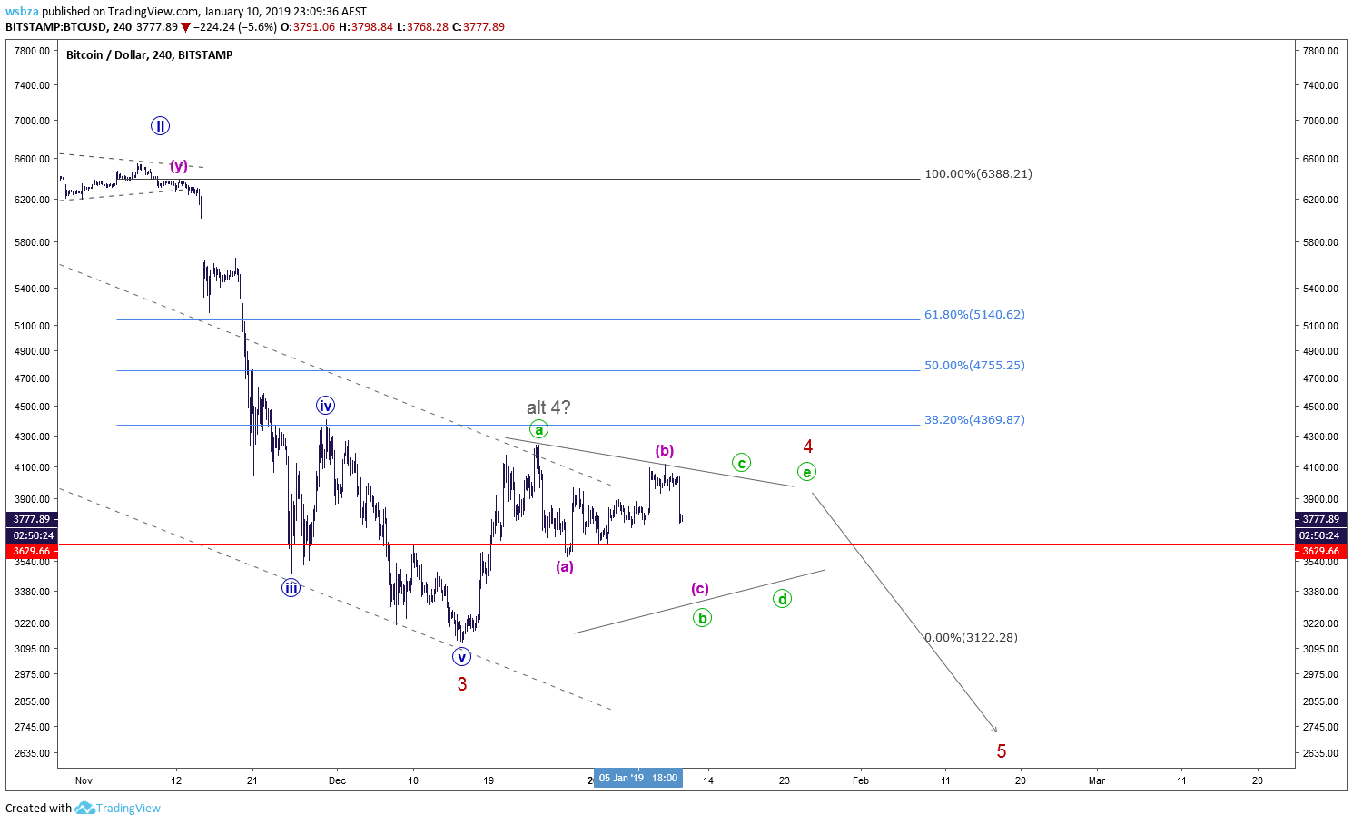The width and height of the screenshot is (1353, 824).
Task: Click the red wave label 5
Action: tap(1001, 751)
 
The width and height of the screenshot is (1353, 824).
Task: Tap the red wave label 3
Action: tap(462, 684)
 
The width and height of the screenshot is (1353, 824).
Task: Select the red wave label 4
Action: tap(807, 446)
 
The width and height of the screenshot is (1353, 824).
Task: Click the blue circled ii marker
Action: tap(160, 125)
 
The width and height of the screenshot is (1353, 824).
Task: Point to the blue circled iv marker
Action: tap(326, 405)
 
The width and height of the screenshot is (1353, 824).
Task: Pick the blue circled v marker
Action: tap(461, 657)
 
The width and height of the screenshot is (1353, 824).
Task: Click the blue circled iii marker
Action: tap(291, 587)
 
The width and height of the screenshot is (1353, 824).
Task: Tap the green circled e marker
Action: tap(806, 472)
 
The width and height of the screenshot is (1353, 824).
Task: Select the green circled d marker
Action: tap(782, 599)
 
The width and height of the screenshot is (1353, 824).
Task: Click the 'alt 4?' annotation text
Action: tap(548, 407)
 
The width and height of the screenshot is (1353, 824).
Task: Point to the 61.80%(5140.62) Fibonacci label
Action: tap(974, 314)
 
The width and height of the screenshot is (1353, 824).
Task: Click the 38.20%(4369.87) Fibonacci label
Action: tap(974, 419)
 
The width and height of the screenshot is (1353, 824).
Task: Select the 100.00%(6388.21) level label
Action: tap(979, 174)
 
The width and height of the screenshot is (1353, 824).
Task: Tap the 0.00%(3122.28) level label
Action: tap(971, 637)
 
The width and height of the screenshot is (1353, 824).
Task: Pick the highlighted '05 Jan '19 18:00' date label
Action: tap(638, 778)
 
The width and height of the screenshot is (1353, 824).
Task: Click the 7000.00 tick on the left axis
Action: tap(32, 121)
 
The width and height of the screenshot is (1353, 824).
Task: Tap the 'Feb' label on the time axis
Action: tap(860, 780)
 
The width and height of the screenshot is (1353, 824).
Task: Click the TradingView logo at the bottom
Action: tap(118, 808)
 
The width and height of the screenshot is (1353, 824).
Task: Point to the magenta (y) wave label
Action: tap(178, 165)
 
